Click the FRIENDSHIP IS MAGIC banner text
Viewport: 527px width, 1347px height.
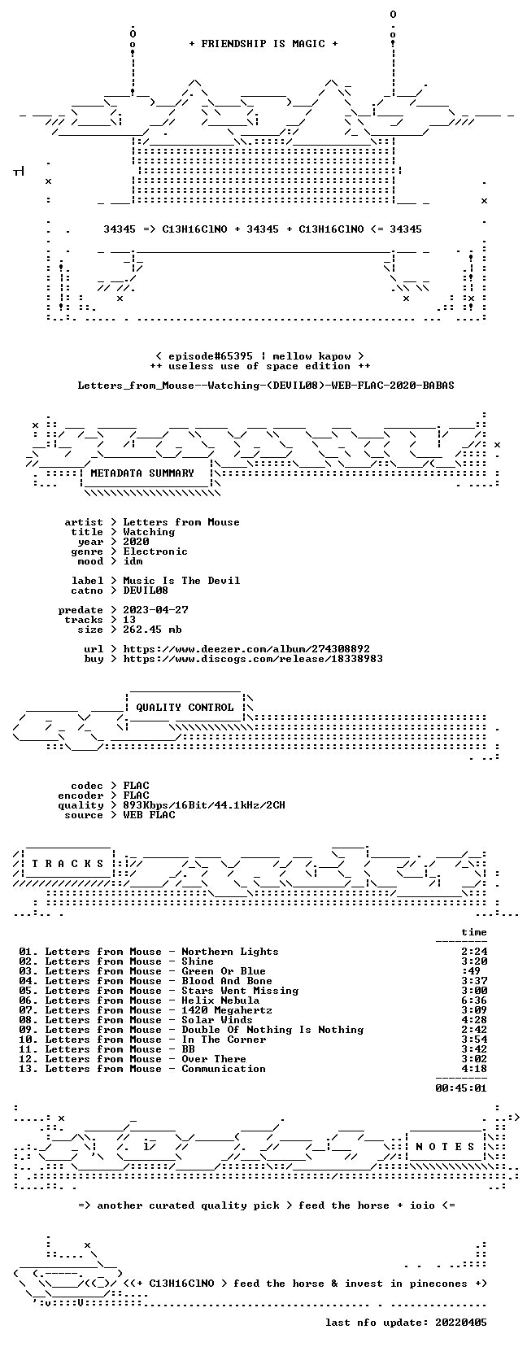[x=263, y=44]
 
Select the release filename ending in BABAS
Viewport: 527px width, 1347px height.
[x=266, y=386]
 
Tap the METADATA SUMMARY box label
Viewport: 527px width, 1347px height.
[x=142, y=473]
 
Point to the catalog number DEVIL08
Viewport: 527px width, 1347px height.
[x=146, y=591]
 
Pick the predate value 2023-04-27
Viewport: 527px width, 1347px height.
[x=155, y=610]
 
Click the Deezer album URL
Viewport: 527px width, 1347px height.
[x=246, y=649]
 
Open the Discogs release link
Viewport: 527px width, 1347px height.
[x=253, y=659]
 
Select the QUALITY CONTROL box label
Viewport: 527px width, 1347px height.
[x=185, y=708]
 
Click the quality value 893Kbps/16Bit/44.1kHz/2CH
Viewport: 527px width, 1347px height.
[x=204, y=805]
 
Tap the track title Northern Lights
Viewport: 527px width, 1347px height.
[x=230, y=952]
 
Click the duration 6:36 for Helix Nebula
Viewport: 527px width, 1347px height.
[x=474, y=1000]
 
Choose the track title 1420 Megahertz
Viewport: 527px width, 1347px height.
[x=227, y=1009]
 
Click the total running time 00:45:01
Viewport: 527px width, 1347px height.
[x=461, y=1088]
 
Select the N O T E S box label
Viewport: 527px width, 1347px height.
[x=445, y=1147]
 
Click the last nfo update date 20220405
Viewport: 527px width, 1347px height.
[x=461, y=1322]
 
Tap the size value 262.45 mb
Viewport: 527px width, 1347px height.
[x=152, y=630]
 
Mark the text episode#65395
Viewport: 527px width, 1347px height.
[x=211, y=356]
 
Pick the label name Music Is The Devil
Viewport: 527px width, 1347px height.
[x=181, y=581]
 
